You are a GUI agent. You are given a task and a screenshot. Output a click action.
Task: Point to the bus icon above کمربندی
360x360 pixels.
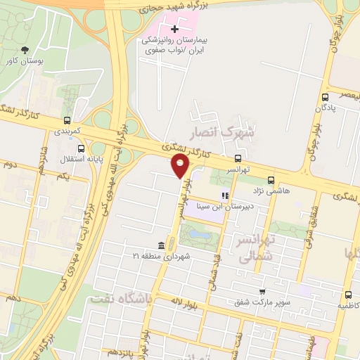click(x=67, y=120)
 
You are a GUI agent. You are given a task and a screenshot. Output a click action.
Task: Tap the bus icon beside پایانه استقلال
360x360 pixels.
click(x=82, y=148)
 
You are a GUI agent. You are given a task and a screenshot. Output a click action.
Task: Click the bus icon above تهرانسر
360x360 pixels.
click(x=238, y=158)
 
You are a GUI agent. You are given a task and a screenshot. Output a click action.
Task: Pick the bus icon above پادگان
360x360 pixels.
click(x=325, y=98)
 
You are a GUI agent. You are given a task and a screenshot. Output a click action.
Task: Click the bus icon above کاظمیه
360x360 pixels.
click(x=349, y=295)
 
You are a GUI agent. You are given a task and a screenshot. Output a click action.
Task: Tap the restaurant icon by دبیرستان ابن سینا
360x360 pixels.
click(x=225, y=196)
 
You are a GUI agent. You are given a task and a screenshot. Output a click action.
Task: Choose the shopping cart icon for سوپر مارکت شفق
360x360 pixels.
click(x=262, y=291)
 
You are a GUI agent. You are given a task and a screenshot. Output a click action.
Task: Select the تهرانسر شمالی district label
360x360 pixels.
click(x=255, y=248)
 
